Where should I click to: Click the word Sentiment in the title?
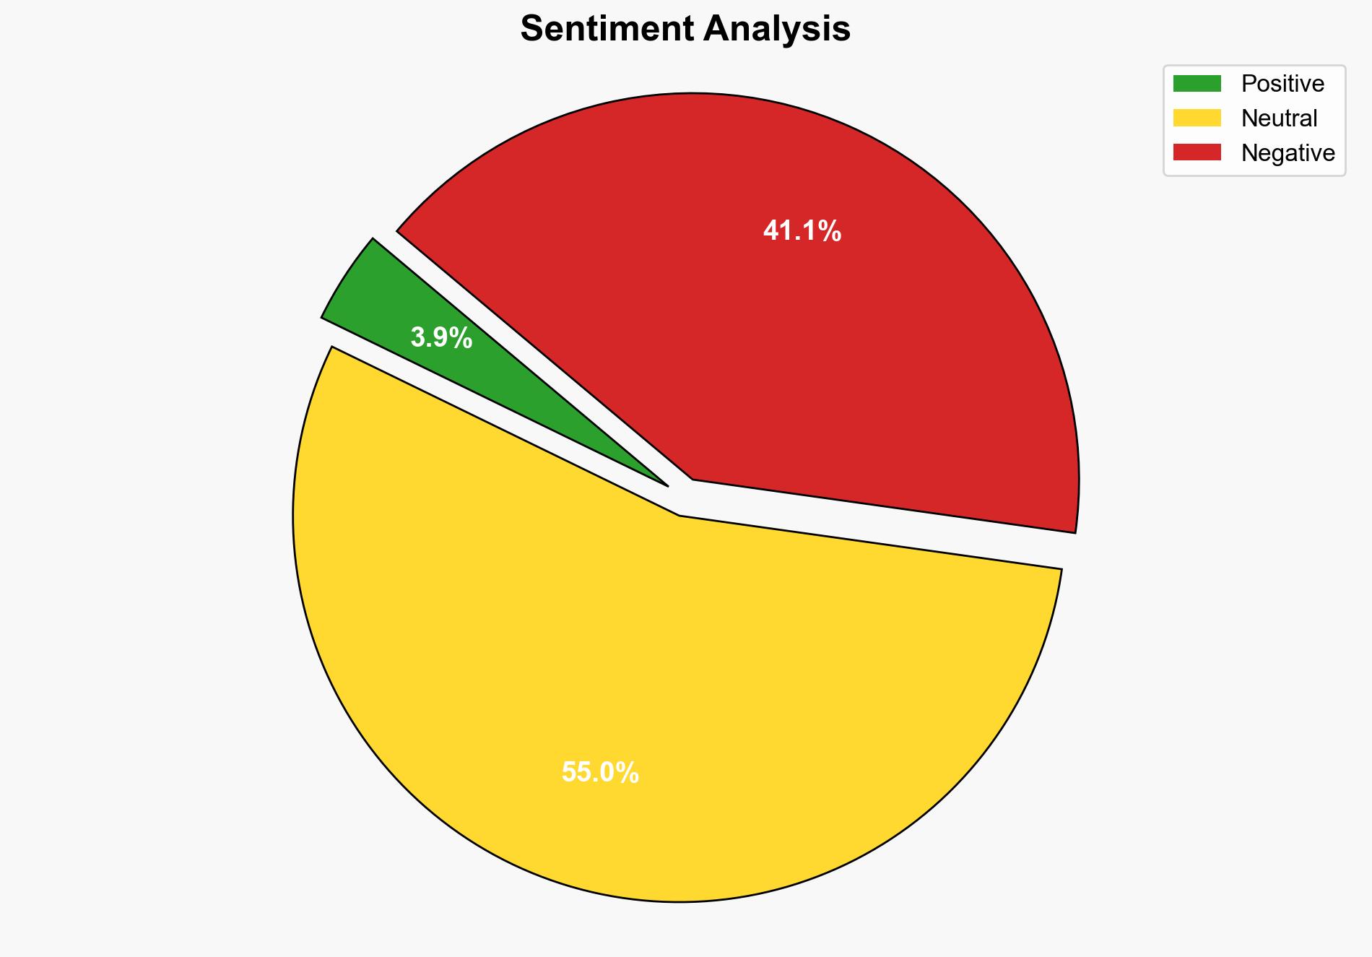607,30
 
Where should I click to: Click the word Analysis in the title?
778,30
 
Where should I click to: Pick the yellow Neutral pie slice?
650,686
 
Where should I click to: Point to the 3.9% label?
441,337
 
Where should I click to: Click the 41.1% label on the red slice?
802,231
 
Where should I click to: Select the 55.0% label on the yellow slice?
600,773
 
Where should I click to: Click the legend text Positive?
1282,84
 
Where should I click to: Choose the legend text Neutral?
1279,118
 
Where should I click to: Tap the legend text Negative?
1288,153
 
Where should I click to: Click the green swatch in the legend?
1197,84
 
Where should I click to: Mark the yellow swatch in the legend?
1197,118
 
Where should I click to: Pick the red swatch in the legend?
1197,152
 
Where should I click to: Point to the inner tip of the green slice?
666,485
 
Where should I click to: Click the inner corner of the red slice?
693,479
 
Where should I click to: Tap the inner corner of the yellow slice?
680,515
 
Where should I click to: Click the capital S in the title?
531,30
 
